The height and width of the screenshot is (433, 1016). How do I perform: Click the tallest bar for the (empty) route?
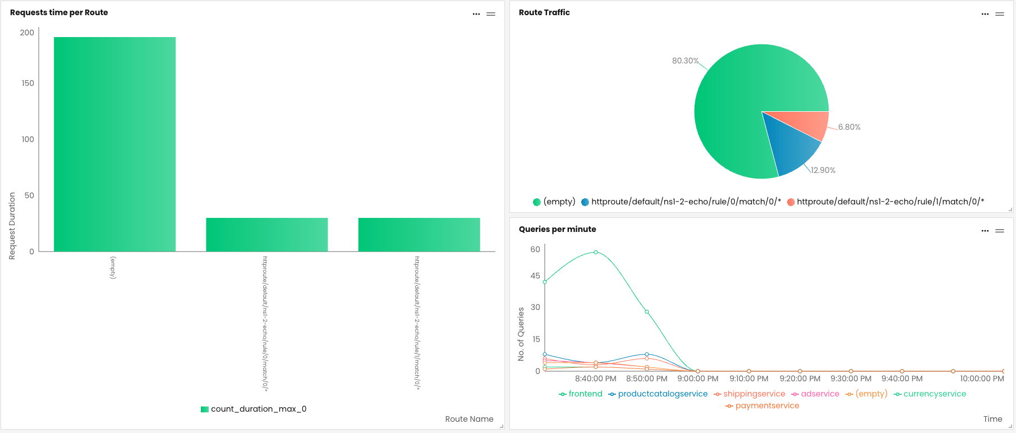tap(114, 144)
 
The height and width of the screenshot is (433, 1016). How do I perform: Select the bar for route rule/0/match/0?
tap(266, 235)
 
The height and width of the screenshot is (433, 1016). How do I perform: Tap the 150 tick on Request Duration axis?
tap(27, 83)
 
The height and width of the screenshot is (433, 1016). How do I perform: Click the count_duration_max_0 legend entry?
tap(254, 409)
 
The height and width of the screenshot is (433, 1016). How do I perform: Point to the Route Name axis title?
tap(469, 419)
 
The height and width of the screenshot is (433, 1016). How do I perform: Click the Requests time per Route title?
tap(59, 12)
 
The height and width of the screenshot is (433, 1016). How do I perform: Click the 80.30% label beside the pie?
tap(685, 61)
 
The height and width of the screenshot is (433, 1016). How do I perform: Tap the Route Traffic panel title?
tap(544, 12)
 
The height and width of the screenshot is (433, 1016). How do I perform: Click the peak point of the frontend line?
tap(596, 252)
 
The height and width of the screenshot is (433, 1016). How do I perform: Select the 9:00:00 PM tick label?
tap(697, 379)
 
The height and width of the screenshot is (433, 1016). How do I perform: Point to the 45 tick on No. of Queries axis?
tap(535, 276)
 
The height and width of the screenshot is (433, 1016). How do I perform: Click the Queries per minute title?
tap(557, 229)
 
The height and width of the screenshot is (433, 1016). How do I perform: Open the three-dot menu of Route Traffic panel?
tap(985, 14)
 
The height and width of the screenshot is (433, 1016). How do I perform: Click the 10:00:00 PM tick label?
tap(982, 379)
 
